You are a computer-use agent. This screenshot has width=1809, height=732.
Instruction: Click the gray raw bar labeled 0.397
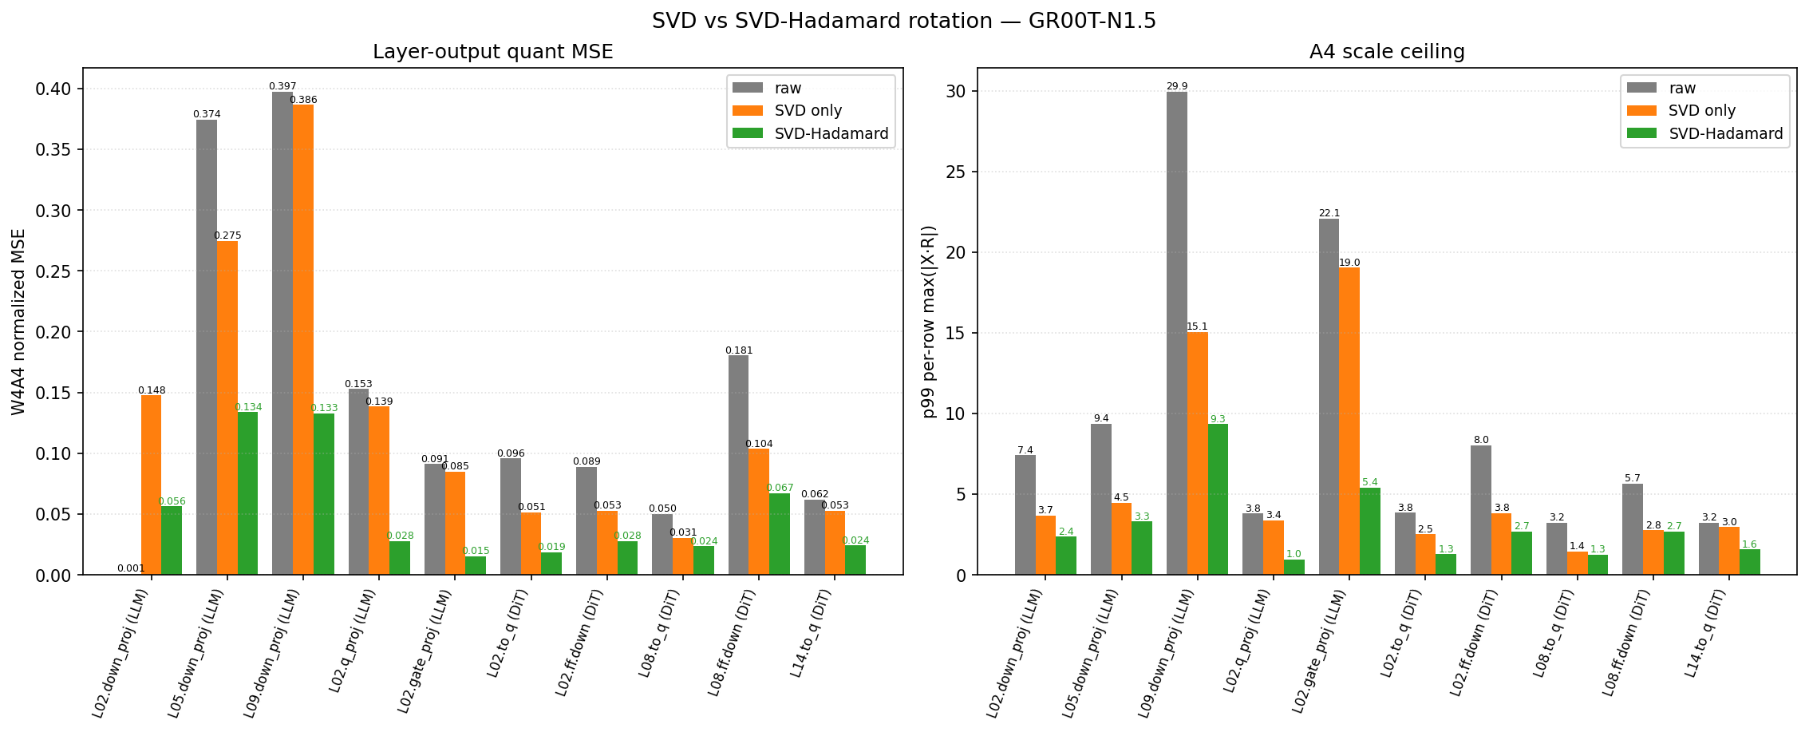[x=282, y=333]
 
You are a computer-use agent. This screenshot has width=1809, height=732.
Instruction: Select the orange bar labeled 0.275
[x=227, y=408]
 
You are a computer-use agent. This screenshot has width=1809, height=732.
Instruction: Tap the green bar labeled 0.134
[x=247, y=493]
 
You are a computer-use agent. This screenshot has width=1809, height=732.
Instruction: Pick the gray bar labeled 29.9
[x=1177, y=333]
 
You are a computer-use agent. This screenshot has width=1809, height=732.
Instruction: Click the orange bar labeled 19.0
[x=1349, y=421]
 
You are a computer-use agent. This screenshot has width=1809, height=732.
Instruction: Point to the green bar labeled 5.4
[x=1370, y=531]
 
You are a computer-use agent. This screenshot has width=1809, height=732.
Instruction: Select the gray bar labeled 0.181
[x=739, y=465]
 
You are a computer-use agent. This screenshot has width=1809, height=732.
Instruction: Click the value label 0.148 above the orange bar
[x=152, y=390]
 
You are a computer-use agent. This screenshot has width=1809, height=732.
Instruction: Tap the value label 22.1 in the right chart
[x=1329, y=213]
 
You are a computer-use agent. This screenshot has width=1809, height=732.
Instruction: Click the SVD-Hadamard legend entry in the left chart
[x=812, y=133]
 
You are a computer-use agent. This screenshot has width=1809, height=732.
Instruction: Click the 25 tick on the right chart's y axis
[x=956, y=172]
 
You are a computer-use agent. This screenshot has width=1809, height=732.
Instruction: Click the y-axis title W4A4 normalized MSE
[x=18, y=322]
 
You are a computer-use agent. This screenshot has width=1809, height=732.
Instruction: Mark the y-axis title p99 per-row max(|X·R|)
[x=929, y=322]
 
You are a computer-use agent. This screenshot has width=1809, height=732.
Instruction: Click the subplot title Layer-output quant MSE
[x=493, y=52]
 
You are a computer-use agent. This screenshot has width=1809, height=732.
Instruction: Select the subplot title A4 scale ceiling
[x=1387, y=52]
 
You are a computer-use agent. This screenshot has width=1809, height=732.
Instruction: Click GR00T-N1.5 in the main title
[x=1092, y=21]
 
